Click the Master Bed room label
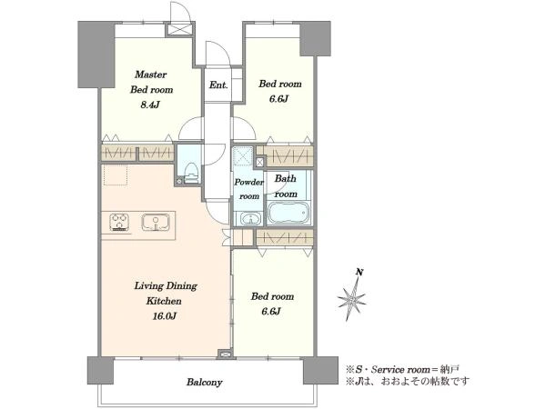pyautogui.click(x=151, y=82)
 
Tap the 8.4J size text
pyautogui.click(x=150, y=105)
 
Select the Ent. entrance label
pyautogui.click(x=218, y=85)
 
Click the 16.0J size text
pyautogui.click(x=164, y=316)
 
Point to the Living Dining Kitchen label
pyautogui.click(x=166, y=294)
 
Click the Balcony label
pyautogui.click(x=204, y=383)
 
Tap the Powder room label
pyautogui.click(x=248, y=189)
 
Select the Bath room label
pyautogui.click(x=286, y=186)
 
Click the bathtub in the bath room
pyautogui.click(x=288, y=213)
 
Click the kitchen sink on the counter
pyautogui.click(x=156, y=223)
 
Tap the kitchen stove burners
pyautogui.click(x=119, y=223)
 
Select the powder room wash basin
pyautogui.click(x=251, y=219)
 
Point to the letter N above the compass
pyautogui.click(x=359, y=272)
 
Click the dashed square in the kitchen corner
pyautogui.click(x=116, y=175)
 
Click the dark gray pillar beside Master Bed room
pyautogui.click(x=96, y=55)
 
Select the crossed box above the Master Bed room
pyautogui.click(x=179, y=29)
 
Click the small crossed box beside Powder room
pyautogui.click(x=259, y=163)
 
